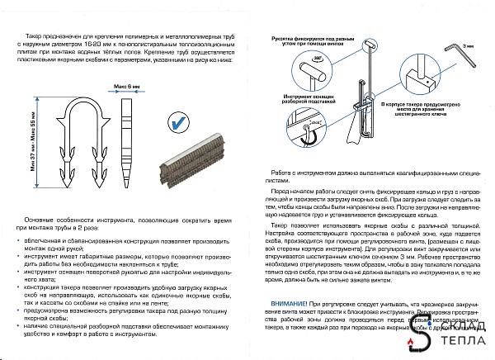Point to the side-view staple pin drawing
(x=128, y=135)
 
